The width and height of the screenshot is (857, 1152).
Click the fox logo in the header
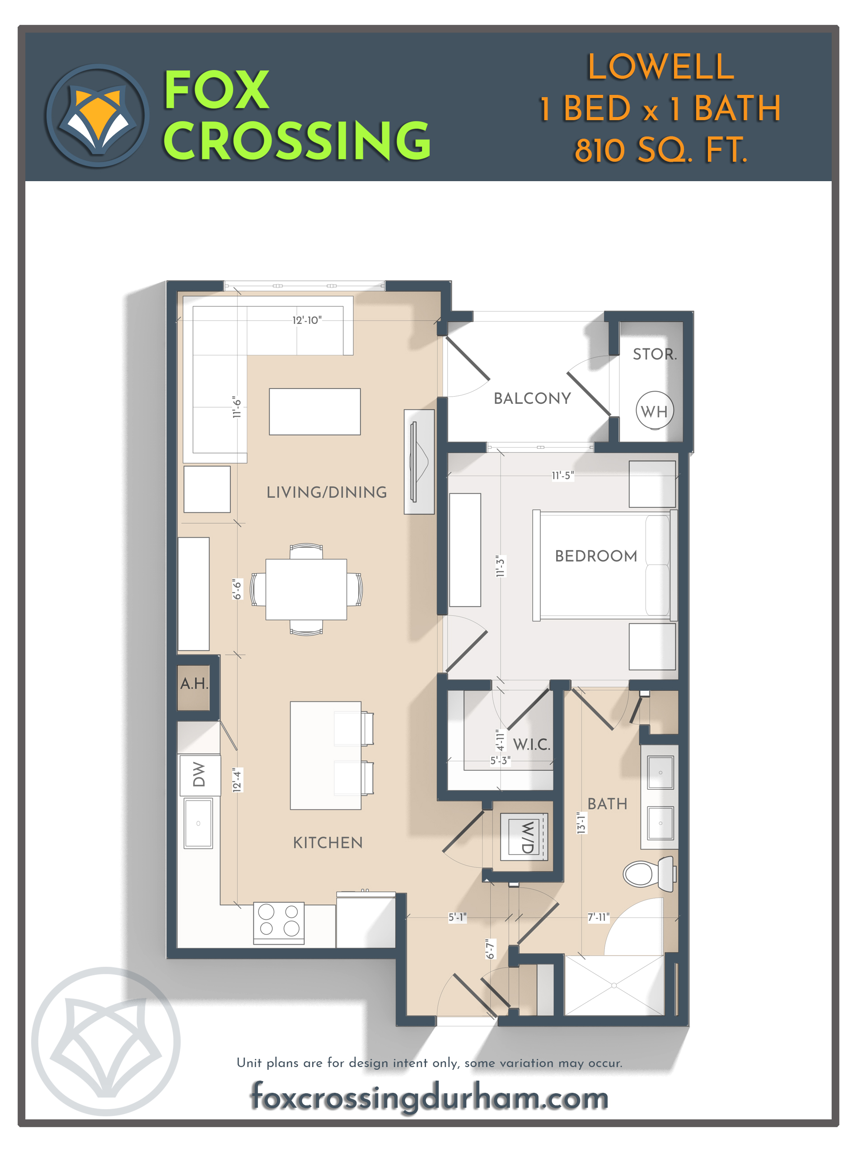point(98,115)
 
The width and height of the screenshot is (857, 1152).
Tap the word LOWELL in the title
point(660,67)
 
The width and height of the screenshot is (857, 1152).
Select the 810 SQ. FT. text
point(660,150)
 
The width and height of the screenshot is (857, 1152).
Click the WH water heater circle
point(654,411)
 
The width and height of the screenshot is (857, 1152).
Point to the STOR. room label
point(654,354)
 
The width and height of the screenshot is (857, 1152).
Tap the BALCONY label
point(532,398)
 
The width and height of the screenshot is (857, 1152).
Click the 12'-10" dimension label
point(307,320)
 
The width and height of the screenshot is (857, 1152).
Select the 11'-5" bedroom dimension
point(562,475)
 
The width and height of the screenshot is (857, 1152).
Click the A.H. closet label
point(194,684)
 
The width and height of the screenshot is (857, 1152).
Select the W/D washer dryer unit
point(524,837)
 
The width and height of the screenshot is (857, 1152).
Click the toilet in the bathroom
point(648,872)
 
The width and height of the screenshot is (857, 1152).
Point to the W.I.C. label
point(531,745)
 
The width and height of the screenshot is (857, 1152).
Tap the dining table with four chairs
point(306,589)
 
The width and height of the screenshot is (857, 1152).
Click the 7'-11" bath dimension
point(598,917)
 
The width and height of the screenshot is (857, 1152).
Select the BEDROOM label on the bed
point(595,556)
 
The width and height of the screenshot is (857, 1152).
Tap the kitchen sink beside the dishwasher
point(198,823)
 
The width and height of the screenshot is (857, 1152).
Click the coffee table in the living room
point(314,411)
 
